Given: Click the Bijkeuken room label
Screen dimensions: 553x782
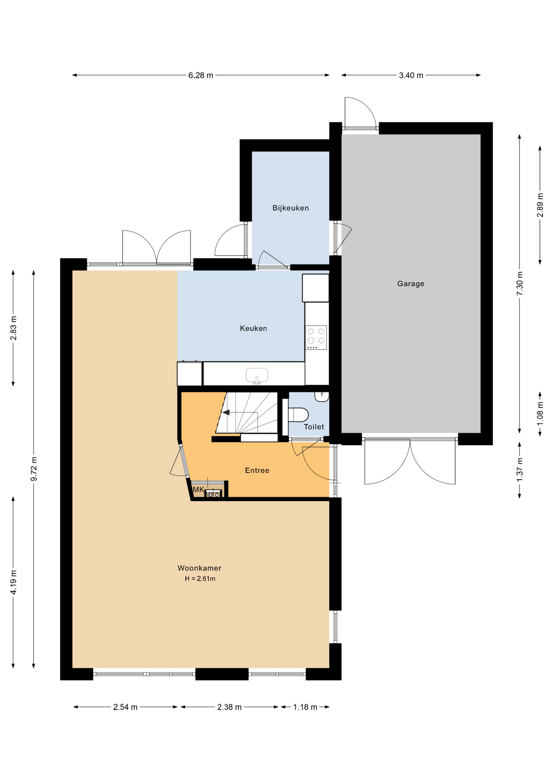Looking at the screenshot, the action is (x=290, y=208).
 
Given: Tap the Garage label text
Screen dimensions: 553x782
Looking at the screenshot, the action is (x=410, y=283).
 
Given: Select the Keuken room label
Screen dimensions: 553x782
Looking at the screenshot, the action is (x=253, y=328).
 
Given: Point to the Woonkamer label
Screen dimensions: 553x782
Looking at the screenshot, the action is (x=200, y=568).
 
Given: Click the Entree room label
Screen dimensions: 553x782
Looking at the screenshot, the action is (x=257, y=470).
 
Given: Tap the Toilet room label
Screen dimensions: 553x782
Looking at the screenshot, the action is (x=314, y=427).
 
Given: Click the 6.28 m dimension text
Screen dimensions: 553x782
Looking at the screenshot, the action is (x=201, y=75).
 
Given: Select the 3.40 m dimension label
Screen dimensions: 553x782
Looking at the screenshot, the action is (x=411, y=75).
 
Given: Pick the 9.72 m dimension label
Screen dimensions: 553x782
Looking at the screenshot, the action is (x=34, y=469).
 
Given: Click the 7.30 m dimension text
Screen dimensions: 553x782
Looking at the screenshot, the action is (x=520, y=283).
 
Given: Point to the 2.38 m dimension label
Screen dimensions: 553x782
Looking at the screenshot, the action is (x=229, y=707).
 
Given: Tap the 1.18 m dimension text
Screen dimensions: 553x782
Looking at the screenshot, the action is (x=305, y=707).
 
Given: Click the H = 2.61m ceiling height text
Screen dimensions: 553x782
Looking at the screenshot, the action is (x=200, y=579).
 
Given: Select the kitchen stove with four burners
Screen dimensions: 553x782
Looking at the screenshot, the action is (x=316, y=337).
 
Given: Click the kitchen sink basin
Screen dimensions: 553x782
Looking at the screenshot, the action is (x=257, y=375).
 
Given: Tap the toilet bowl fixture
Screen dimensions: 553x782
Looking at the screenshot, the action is (x=298, y=415).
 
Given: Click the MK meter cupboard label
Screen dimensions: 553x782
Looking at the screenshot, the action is (x=198, y=490).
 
